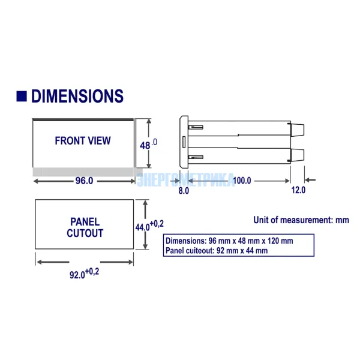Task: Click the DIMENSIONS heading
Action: (77, 96)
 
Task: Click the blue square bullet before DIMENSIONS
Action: (22, 96)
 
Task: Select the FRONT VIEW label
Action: (83, 140)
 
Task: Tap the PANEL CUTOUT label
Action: (85, 227)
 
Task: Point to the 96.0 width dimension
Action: (84, 181)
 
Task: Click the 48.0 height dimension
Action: (149, 144)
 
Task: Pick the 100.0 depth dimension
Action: (242, 181)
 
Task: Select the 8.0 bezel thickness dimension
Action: (184, 191)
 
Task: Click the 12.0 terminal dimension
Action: (298, 190)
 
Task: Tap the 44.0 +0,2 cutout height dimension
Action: (149, 226)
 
